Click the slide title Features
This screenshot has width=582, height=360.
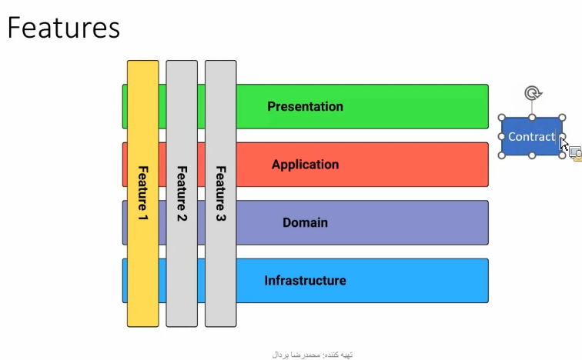pyautogui.click(x=63, y=28)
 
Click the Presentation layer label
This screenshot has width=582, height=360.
pyautogui.click(x=305, y=107)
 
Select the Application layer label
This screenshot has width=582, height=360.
pyautogui.click(x=305, y=165)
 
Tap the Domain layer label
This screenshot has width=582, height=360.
pyautogui.click(x=305, y=222)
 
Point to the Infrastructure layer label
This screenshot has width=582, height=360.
pyautogui.click(x=305, y=281)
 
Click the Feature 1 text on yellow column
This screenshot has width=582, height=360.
pyautogui.click(x=143, y=193)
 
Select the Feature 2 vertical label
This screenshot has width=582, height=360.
pyautogui.click(x=182, y=194)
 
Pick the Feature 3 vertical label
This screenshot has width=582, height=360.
pyautogui.click(x=221, y=194)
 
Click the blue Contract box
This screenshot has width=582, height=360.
pyautogui.click(x=531, y=136)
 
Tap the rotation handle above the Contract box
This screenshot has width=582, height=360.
pyautogui.click(x=533, y=93)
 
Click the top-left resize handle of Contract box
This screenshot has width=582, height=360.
pyautogui.click(x=501, y=118)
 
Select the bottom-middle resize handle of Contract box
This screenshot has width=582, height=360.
pyautogui.click(x=532, y=155)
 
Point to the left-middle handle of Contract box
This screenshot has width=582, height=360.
pyautogui.click(x=501, y=136)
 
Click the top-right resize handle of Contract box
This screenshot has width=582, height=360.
pyautogui.click(x=562, y=118)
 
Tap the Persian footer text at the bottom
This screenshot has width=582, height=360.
pyautogui.click(x=312, y=355)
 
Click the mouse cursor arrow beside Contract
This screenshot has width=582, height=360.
pyautogui.click(x=564, y=143)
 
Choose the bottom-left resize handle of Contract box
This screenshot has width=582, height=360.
pyautogui.click(x=501, y=155)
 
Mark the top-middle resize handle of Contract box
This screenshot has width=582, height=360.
pyautogui.click(x=532, y=118)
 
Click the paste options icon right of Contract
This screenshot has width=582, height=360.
pyautogui.click(x=576, y=154)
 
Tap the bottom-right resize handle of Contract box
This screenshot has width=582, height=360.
pyautogui.click(x=562, y=155)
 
